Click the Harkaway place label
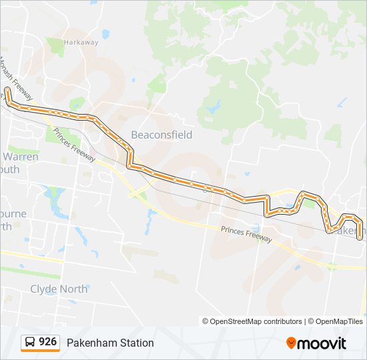pyautogui.click(x=81, y=42)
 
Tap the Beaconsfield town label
pyautogui.click(x=161, y=135)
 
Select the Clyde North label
pyautogui.click(x=59, y=289)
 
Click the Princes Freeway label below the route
pyautogui.click(x=246, y=233)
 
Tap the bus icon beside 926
pyautogui.click(x=31, y=343)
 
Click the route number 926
pyautogui.click(x=48, y=342)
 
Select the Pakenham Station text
pyautogui.click(x=110, y=343)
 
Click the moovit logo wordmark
pyautogui.click(x=322, y=343)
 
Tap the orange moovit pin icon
pyautogui.click(x=292, y=343)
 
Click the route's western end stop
pyautogui.click(x=7, y=89)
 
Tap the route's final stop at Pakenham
pyautogui.click(x=360, y=237)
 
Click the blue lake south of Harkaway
pyautogui.click(x=105, y=33)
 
